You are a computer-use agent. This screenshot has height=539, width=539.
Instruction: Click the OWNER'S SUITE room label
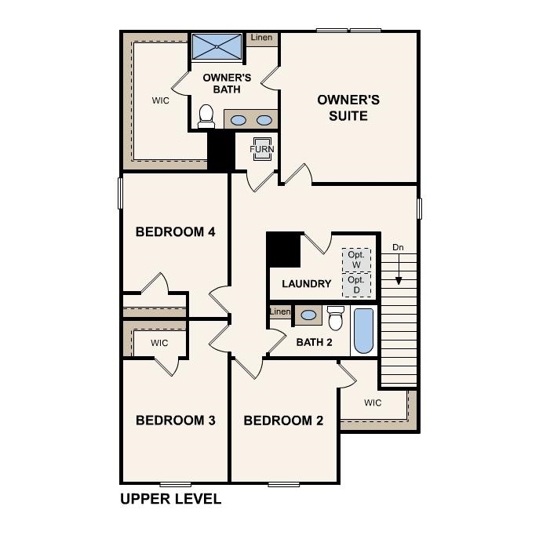[348, 107]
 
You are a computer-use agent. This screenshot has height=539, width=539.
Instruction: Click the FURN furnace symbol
[261, 149]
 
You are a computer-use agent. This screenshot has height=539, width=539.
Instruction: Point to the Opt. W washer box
[356, 260]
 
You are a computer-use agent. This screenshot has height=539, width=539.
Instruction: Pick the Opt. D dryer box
[356, 284]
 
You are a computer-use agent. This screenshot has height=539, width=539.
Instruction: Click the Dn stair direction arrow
[399, 267]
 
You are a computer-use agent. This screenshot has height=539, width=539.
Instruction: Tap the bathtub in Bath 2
[363, 331]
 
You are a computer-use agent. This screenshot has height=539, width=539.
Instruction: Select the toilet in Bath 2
[336, 319]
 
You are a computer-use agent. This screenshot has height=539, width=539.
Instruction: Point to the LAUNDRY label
[306, 284]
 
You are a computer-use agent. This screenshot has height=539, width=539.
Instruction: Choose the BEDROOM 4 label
[175, 232]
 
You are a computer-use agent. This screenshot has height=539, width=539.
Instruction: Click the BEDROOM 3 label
[175, 421]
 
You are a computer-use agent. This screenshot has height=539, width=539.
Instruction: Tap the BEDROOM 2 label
[283, 421]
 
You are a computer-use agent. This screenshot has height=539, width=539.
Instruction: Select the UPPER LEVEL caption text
[170, 498]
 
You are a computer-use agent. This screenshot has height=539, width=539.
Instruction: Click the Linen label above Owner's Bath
[261, 38]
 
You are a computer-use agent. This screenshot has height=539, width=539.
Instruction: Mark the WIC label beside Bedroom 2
[373, 403]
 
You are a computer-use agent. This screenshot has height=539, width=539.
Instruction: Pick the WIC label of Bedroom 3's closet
[159, 344]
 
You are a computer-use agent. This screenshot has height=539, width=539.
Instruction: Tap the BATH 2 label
[315, 342]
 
